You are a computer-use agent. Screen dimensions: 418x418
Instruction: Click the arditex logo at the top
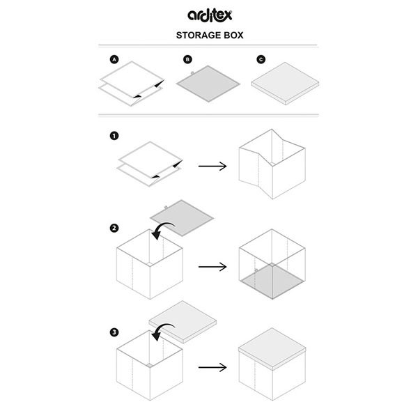click(x=208, y=14)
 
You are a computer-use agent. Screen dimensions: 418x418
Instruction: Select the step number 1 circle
click(x=112, y=137)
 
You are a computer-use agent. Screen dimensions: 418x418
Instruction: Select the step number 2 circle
click(x=112, y=228)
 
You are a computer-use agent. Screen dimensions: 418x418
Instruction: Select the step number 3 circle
click(x=112, y=331)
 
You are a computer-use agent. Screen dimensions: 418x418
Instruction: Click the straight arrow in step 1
click(x=212, y=167)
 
